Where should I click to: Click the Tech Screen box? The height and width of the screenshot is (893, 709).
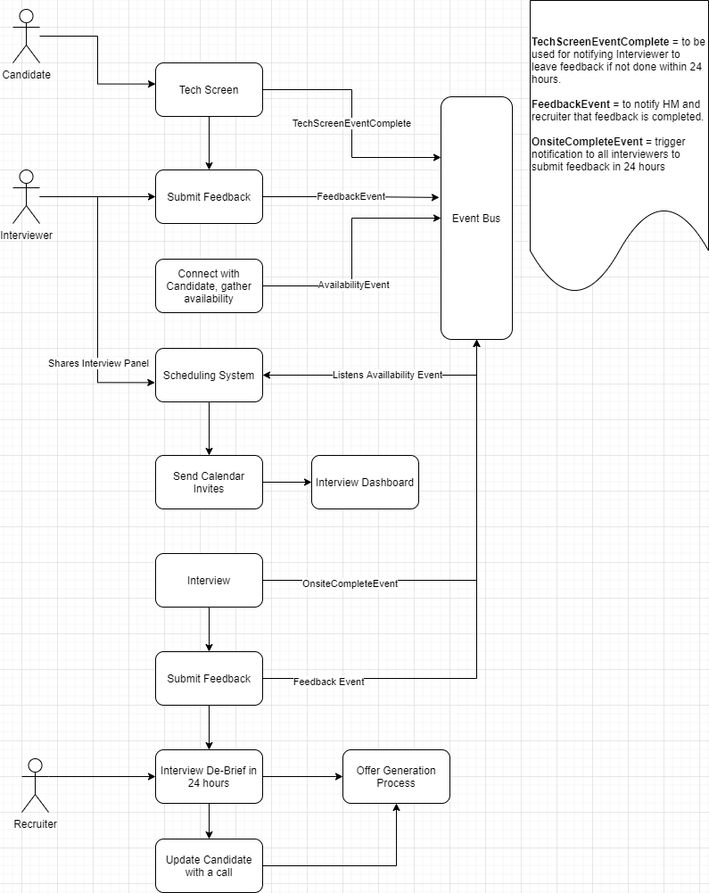pyautogui.click(x=209, y=89)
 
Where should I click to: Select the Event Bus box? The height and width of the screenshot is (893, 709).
pyautogui.click(x=476, y=218)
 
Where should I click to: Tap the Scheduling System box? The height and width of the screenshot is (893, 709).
pyautogui.click(x=209, y=375)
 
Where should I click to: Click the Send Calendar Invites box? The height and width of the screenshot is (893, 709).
pyautogui.click(x=209, y=482)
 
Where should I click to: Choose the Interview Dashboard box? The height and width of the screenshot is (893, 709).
pyautogui.click(x=365, y=482)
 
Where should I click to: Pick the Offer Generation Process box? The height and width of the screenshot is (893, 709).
pyautogui.click(x=396, y=776)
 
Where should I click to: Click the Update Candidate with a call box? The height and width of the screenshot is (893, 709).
pyautogui.click(x=209, y=865)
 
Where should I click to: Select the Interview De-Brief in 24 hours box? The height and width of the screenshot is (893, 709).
pyautogui.click(x=209, y=776)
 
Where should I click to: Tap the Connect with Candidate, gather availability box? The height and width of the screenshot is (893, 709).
pyautogui.click(x=209, y=285)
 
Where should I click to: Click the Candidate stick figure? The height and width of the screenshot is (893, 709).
pyautogui.click(x=26, y=36)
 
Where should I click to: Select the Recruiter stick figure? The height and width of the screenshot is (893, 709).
pyautogui.click(x=35, y=785)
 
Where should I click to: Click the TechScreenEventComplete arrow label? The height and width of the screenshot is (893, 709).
pyautogui.click(x=351, y=123)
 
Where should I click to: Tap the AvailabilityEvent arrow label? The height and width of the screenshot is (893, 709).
pyautogui.click(x=353, y=285)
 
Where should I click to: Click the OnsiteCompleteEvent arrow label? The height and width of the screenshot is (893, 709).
pyautogui.click(x=350, y=583)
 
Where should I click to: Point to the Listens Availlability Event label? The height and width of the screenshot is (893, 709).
pyautogui.click(x=387, y=375)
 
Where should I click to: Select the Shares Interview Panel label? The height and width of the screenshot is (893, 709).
pyautogui.click(x=98, y=363)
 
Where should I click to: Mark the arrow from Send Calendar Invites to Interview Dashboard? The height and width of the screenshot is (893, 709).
pyautogui.click(x=287, y=482)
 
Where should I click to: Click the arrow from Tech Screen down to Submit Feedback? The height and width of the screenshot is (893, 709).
pyautogui.click(x=209, y=143)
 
